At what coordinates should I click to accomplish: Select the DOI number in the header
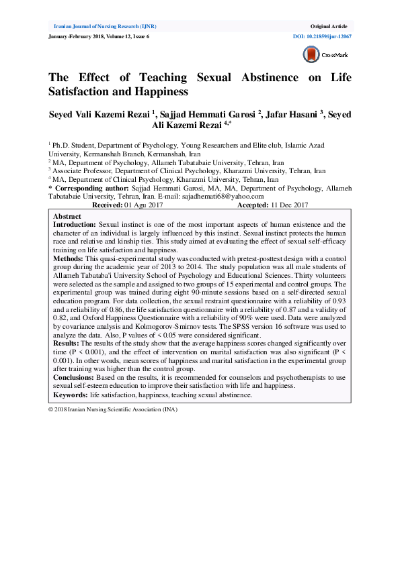pos(321,36)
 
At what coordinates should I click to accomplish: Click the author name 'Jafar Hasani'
pos(285,114)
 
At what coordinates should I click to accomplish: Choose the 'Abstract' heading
pos(67,217)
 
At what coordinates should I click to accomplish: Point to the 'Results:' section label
pos(67,343)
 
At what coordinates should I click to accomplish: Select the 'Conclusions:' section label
pos(74,377)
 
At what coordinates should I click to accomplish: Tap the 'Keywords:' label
pos(70,395)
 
